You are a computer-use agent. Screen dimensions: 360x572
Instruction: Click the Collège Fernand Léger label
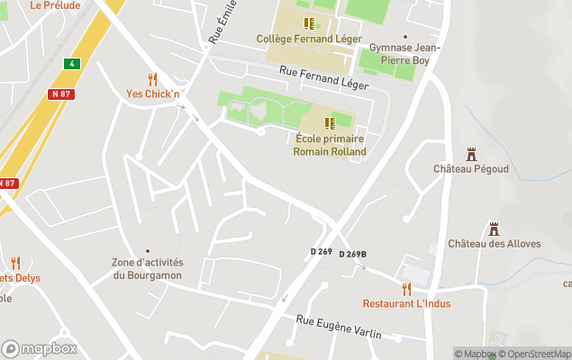click(x=309, y=39)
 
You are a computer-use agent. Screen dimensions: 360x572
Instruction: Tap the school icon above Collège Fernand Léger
click(x=309, y=23)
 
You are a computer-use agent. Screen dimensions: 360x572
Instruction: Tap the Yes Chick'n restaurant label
click(x=151, y=94)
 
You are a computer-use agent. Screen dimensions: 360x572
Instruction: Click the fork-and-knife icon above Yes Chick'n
click(x=152, y=79)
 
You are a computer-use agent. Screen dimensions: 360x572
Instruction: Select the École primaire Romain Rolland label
click(x=330, y=145)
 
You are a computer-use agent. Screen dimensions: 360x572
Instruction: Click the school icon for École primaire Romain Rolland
click(x=331, y=121)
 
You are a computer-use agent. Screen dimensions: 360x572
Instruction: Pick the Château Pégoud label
click(x=470, y=169)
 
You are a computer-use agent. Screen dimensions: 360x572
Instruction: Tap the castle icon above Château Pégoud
click(x=470, y=154)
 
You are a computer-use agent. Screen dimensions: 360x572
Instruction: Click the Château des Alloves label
click(x=495, y=244)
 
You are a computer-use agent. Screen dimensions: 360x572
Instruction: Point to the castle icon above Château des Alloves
click(x=494, y=229)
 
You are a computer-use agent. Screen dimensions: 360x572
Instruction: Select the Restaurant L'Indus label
click(x=406, y=303)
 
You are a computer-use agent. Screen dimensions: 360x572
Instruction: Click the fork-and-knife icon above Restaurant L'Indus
click(x=406, y=288)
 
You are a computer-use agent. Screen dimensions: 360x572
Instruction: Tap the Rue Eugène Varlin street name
click(x=339, y=328)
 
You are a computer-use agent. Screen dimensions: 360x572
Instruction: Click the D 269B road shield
click(x=353, y=255)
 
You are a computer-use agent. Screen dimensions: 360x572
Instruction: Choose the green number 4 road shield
click(x=71, y=63)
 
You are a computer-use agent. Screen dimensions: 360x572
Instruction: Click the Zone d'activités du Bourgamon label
click(x=148, y=268)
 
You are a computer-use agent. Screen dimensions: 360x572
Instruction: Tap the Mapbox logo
click(x=40, y=349)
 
